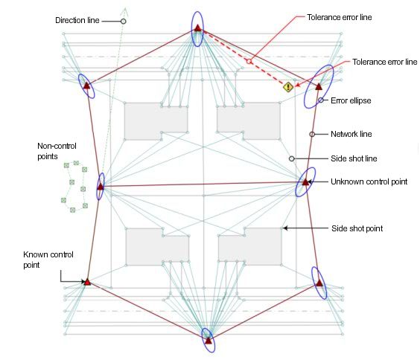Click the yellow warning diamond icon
pyautogui.click(x=288, y=87)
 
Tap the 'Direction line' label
pyautogui.click(x=77, y=20)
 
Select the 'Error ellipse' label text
pyautogui.click(x=351, y=100)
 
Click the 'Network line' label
pyautogui.click(x=351, y=134)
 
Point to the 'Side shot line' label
pyautogui.click(x=354, y=158)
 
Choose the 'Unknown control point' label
pyautogui.click(x=369, y=182)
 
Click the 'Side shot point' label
pyautogui.click(x=357, y=228)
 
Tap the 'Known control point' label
pyautogui.click(x=48, y=260)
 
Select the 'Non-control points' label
pyautogui.click(x=57, y=151)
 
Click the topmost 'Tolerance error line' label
pyautogui.click(x=340, y=17)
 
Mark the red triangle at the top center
pyautogui.click(x=197, y=28)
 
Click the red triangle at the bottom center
pyautogui.click(x=209, y=341)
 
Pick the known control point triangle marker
pyautogui.click(x=87, y=282)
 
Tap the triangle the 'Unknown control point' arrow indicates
pyautogui.click(x=305, y=182)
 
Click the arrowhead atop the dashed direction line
pyautogui.click(x=125, y=11)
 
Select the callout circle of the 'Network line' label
pyautogui.click(x=312, y=134)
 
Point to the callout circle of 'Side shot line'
pyautogui.click(x=292, y=158)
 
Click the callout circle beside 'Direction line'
pyautogui.click(x=123, y=22)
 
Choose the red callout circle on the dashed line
pyautogui.click(x=249, y=62)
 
